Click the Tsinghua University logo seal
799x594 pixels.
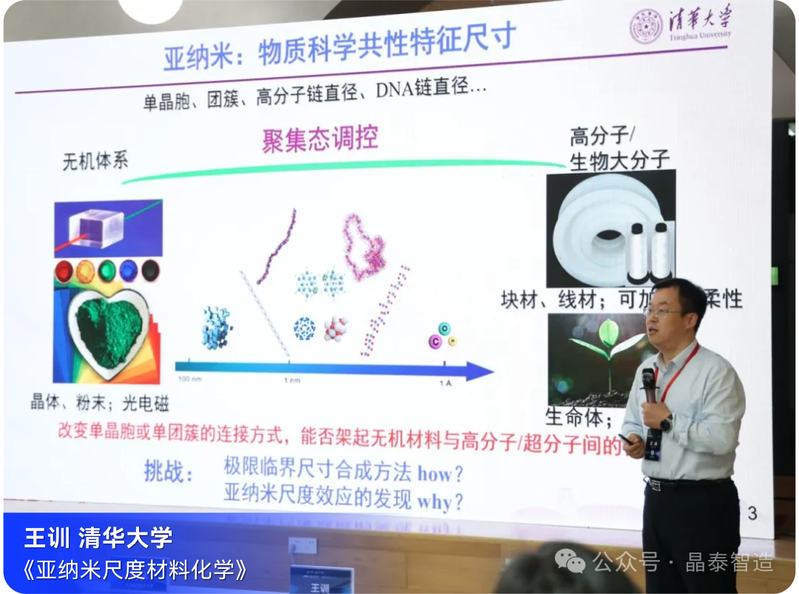(644, 27)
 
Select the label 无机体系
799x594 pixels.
(95, 161)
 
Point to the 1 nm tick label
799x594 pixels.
(289, 379)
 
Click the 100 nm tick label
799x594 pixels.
(189, 379)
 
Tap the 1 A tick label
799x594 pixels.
(445, 382)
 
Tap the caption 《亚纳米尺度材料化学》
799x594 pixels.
(133, 570)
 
